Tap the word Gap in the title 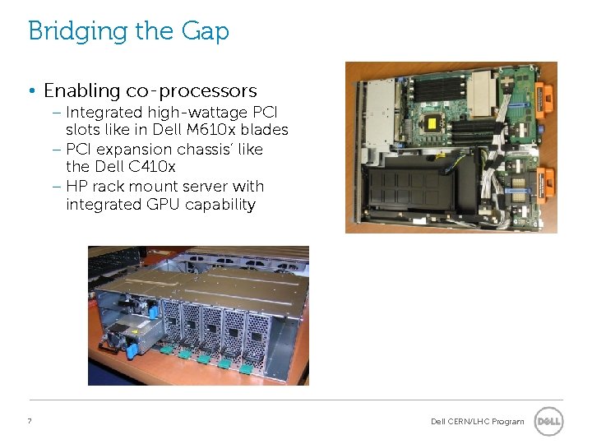[x=204, y=32]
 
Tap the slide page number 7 [x=30, y=421]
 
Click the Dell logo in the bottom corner [x=548, y=421]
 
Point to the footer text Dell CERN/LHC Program [x=477, y=422]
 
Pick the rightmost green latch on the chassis [x=243, y=363]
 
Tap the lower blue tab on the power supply [x=129, y=349]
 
